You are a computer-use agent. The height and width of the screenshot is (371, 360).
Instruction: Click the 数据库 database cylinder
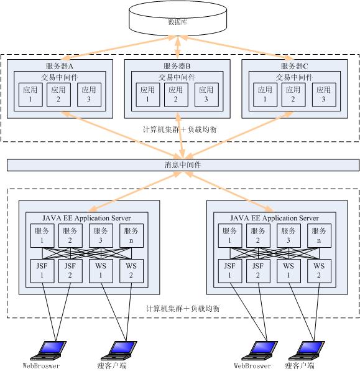coord(178,19)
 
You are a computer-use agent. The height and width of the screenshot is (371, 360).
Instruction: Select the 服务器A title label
coord(60,66)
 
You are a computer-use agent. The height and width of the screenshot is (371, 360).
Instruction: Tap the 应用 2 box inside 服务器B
coord(176,95)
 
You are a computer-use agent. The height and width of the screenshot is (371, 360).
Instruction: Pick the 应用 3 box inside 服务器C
coord(324,95)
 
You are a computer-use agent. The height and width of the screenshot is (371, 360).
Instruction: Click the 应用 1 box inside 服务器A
coord(30,95)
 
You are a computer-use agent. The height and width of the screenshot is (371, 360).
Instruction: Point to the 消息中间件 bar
coord(183,165)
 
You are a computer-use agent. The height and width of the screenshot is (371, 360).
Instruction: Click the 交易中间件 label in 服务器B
coord(177,77)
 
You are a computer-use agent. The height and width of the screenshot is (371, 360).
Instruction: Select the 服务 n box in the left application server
coord(131,236)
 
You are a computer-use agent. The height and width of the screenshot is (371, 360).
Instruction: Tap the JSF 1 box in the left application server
coord(42,271)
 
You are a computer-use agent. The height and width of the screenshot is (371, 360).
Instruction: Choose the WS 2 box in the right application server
coord(319,271)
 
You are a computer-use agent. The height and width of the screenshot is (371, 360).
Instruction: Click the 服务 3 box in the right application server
coord(288,236)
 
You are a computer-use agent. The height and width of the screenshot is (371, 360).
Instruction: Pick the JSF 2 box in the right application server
coord(258,271)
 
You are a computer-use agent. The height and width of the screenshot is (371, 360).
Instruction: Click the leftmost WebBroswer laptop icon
coord(48,350)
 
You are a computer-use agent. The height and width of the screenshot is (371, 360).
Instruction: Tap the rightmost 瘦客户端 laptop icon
coord(307,350)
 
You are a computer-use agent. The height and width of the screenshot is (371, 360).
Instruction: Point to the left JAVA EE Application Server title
coord(86,218)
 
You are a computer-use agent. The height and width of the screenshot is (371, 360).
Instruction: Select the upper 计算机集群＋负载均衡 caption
coord(180,129)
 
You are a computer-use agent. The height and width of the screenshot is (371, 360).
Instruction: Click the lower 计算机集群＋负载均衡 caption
coord(183,308)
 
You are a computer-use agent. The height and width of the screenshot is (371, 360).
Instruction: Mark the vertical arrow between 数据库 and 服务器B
coord(178,47)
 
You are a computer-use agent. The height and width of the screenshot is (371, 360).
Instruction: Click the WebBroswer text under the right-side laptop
coord(252,365)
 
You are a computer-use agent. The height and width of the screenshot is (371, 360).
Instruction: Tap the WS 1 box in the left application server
coord(101,271)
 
